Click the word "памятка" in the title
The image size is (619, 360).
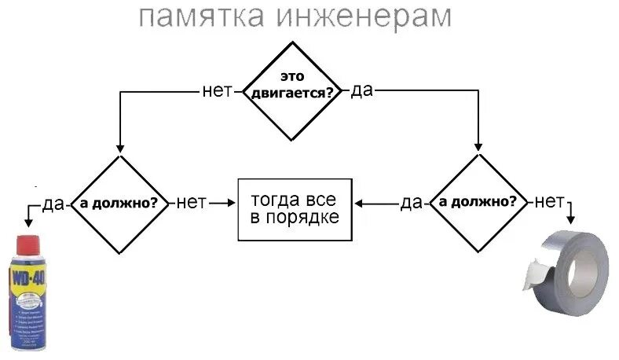click(192, 18)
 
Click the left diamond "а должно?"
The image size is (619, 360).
click(119, 203)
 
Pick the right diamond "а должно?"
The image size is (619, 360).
click(478, 203)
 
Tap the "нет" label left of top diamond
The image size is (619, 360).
click(218, 91)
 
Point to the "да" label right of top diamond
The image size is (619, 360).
click(361, 91)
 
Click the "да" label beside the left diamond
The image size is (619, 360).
click(53, 204)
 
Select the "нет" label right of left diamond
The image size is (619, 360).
click(191, 203)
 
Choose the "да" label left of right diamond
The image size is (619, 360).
click(411, 204)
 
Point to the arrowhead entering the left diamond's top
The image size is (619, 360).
click(119, 147)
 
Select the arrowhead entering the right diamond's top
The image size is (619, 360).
click(478, 147)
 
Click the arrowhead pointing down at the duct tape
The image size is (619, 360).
click(572, 218)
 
